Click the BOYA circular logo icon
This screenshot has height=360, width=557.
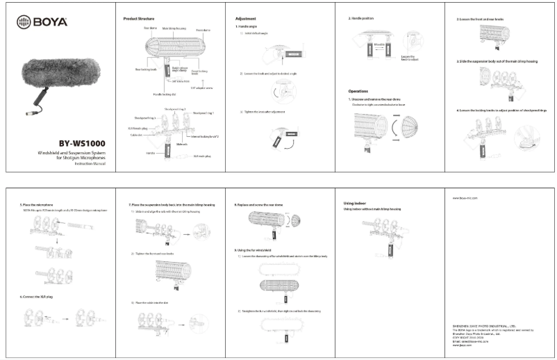(22, 22)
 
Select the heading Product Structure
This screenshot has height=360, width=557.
(139, 18)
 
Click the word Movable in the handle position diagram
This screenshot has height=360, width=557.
(380, 43)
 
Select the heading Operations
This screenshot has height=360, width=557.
(359, 91)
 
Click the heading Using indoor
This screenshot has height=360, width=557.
(355, 203)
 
